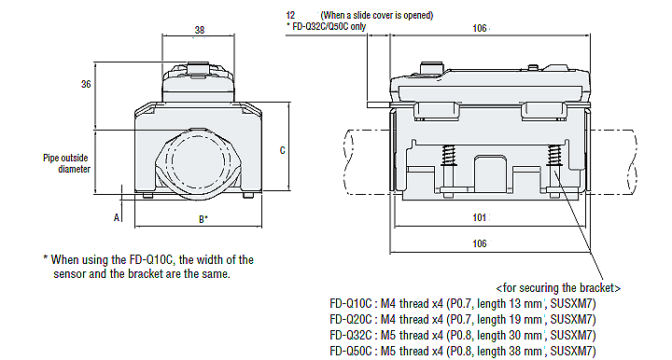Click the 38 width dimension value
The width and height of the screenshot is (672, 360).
click(x=199, y=30)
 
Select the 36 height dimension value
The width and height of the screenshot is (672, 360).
click(x=85, y=84)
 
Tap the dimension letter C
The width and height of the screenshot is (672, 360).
click(x=282, y=149)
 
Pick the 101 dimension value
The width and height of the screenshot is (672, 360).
click(x=479, y=218)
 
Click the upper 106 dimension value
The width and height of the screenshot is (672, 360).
click(x=479, y=29)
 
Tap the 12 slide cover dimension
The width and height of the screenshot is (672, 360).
click(x=290, y=16)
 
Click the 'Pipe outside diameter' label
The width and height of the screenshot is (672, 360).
click(x=67, y=163)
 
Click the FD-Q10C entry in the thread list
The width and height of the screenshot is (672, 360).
click(x=352, y=303)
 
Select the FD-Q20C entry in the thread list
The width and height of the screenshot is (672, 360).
click(x=352, y=319)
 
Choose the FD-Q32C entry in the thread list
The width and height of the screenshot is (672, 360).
click(x=352, y=335)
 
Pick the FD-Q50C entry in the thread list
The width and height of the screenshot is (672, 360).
click(x=352, y=351)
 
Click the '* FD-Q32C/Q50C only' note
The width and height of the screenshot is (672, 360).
click(x=326, y=28)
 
